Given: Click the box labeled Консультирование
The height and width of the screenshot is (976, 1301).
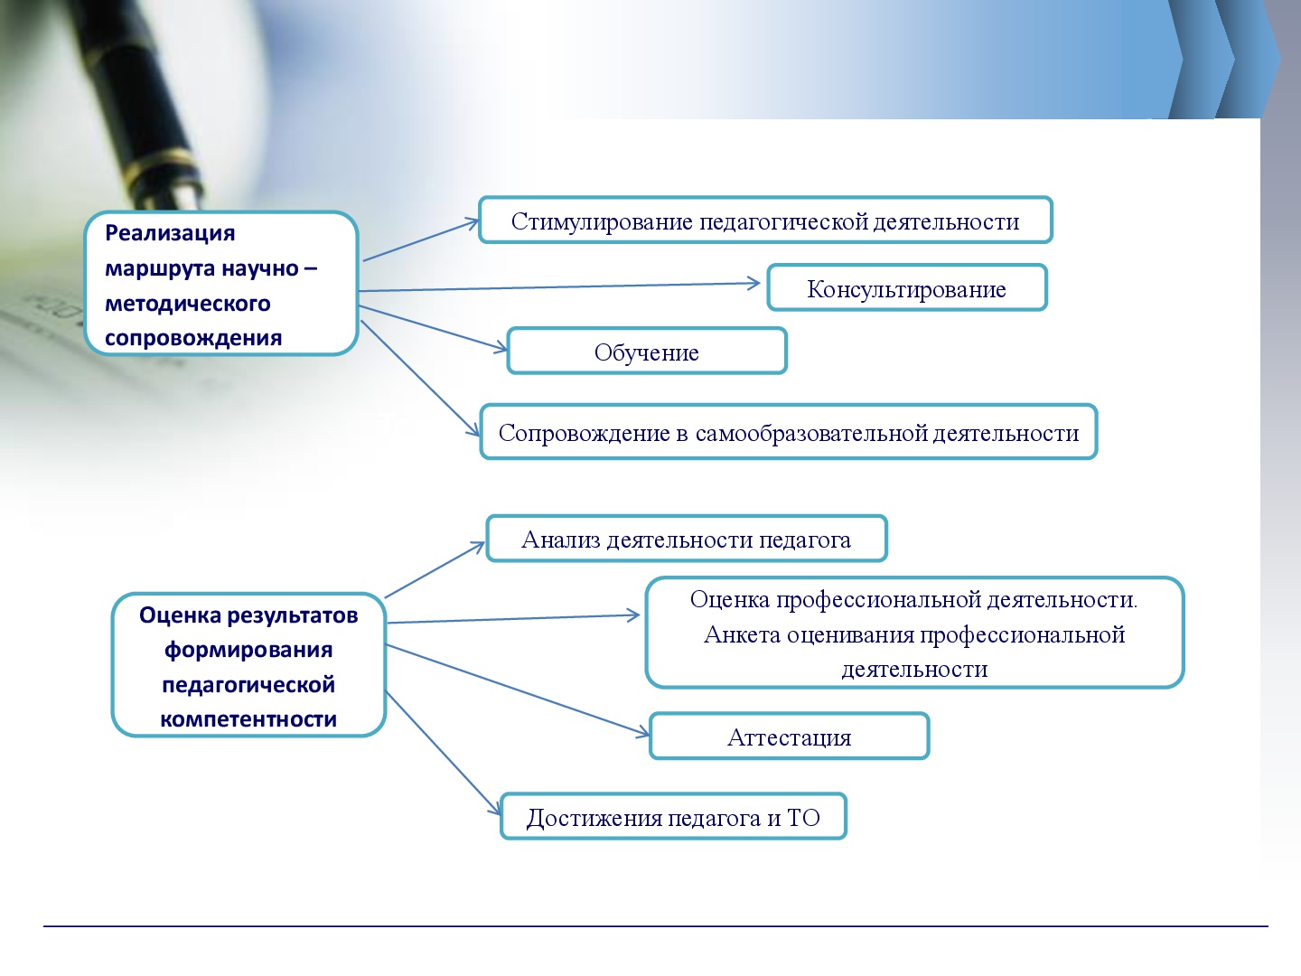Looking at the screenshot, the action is click(907, 287).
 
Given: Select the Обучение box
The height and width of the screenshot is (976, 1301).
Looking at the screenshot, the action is click(647, 351).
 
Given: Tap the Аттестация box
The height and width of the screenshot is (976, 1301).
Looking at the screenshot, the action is click(789, 736).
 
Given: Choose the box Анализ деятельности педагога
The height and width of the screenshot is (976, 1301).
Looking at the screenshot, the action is click(687, 538).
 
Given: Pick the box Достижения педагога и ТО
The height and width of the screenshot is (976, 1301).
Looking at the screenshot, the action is click(673, 816).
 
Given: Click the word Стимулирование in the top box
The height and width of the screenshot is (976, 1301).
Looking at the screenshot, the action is click(602, 221).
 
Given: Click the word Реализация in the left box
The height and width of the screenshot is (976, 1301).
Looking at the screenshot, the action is click(170, 233).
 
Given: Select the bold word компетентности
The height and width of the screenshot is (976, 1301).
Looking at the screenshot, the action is click(248, 718).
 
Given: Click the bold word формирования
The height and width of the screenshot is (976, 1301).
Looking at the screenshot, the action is click(248, 650).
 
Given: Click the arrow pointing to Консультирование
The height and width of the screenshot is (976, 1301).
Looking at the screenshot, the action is click(559, 286).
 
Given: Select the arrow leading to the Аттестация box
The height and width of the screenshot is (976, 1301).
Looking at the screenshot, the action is click(518, 690).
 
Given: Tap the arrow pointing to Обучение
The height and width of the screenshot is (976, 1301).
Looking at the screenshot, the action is click(433, 328).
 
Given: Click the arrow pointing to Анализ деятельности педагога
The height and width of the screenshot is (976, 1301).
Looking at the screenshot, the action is click(435, 569).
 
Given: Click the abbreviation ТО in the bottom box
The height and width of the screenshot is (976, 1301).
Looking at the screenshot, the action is click(803, 818).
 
